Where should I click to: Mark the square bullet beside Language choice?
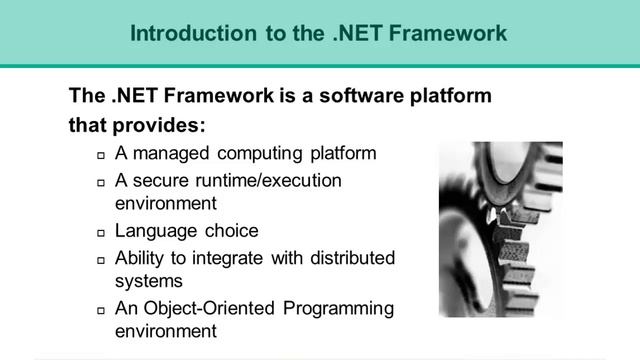[x=101, y=232]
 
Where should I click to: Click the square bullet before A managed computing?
[x=101, y=156]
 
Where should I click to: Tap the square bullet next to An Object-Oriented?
[x=101, y=310]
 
